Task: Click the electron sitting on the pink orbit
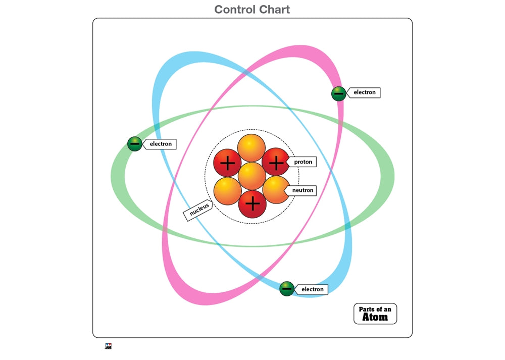coord(338,93)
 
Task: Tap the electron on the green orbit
coord(134,144)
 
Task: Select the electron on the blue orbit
coord(287,289)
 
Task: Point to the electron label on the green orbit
coord(161,144)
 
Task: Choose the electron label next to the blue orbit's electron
coord(312,289)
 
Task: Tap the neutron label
coord(303,190)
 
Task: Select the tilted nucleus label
coord(199,211)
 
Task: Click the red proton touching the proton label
coord(275,163)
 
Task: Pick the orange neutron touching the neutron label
coord(275,189)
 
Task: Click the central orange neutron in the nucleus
coord(251,176)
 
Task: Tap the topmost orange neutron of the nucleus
coord(251,148)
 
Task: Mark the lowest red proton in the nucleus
coord(252,204)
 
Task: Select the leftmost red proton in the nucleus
coord(228,163)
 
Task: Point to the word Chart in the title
coord(275,9)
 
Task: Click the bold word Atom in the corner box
coord(375,317)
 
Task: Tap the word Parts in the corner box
coord(367,309)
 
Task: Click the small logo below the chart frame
coord(108,346)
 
